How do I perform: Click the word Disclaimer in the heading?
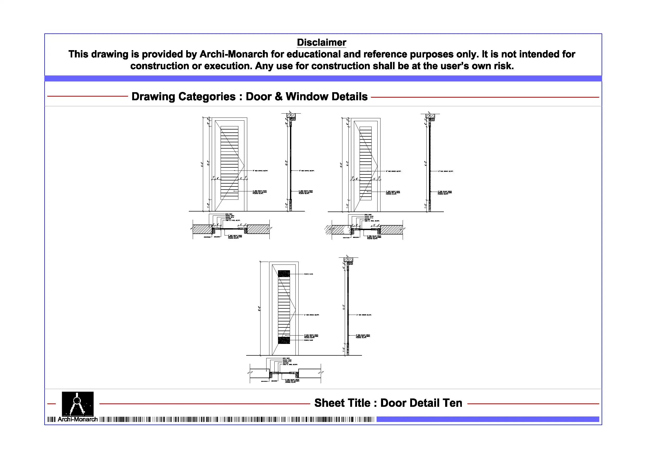[321, 42]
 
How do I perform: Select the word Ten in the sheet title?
[452, 403]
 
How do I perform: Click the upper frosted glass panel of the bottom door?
[284, 273]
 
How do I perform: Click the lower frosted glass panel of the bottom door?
[284, 340]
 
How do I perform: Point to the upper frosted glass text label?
[308, 274]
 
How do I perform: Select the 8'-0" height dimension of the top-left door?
[202, 164]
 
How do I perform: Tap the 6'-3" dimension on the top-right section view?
[426, 163]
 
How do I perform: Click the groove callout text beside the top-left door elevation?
[260, 171]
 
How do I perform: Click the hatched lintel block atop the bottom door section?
[348, 259]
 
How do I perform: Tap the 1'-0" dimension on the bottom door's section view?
[344, 349]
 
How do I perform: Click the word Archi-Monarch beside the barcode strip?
[77, 419]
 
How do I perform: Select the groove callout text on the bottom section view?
[364, 315]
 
